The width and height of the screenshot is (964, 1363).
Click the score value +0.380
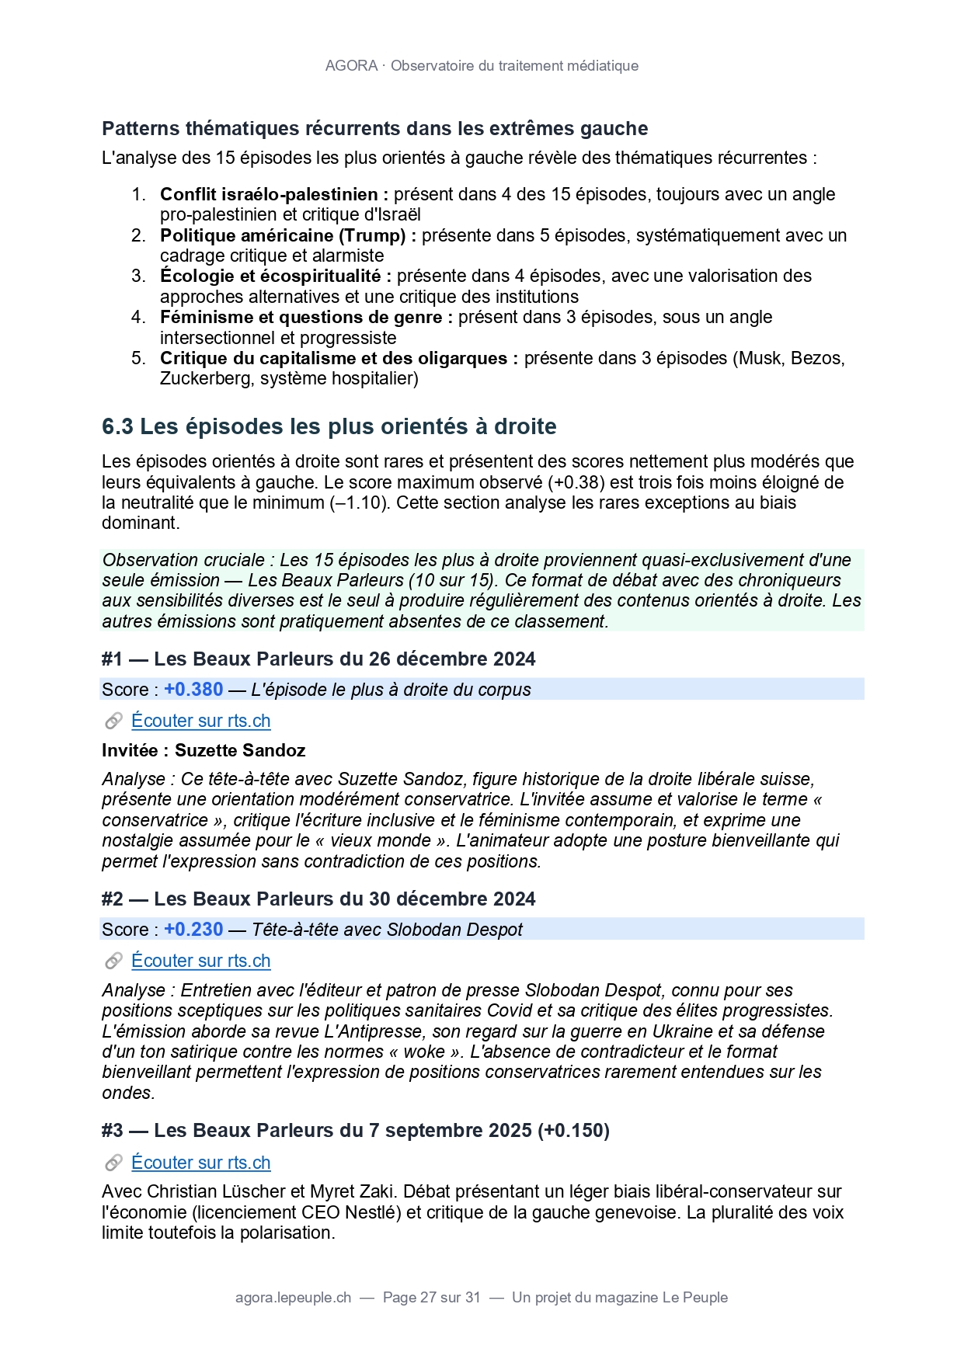point(193,690)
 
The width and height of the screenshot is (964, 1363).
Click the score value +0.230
point(193,930)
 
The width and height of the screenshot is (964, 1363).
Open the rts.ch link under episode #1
point(200,721)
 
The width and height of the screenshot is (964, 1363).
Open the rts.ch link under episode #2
point(200,961)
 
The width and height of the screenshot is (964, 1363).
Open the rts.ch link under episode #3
point(200,1163)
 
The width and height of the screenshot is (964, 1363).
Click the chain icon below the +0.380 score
point(113,721)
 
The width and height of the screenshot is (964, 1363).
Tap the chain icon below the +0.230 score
point(113,961)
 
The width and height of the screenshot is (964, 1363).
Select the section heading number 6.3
point(117,426)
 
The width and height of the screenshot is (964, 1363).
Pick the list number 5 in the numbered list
point(138,358)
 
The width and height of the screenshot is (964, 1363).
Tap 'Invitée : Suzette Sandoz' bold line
point(204,750)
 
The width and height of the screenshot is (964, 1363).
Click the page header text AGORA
point(351,66)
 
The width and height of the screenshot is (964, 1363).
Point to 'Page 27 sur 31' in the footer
point(432,1298)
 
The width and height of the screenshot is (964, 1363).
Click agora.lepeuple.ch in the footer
point(293,1298)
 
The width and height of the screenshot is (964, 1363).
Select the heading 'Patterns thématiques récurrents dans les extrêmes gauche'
point(374,129)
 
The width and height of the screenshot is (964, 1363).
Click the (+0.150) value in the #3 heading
point(573,1131)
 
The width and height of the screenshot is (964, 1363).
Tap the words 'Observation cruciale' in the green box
point(183,560)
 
